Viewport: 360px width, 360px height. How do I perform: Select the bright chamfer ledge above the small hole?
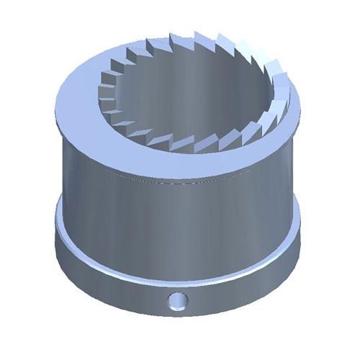[x=177, y=277]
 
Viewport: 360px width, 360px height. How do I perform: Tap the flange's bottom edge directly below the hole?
[x=177, y=317]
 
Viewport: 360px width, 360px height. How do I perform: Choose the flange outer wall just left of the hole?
[x=144, y=295]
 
